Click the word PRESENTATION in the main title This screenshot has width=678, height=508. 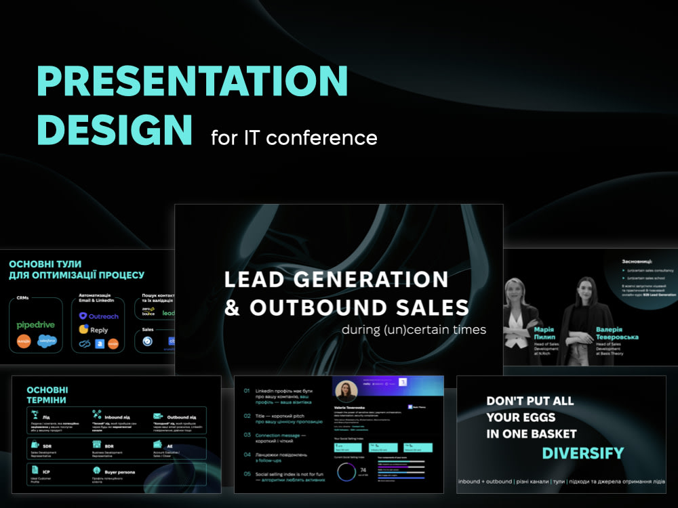click(192, 81)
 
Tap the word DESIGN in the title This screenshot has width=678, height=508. click(114, 129)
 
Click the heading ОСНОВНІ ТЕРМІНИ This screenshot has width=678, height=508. click(47, 395)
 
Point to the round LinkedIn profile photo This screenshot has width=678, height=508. click(346, 392)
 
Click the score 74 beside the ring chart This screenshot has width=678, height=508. click(363, 470)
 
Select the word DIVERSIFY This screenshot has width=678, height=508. click(582, 453)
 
